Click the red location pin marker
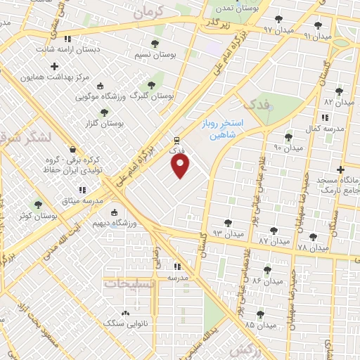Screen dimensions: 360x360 (x=181, y=166)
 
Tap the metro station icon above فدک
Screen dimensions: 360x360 (x=176, y=139)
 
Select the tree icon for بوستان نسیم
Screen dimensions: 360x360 (x=154, y=44)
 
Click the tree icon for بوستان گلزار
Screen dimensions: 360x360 (x=105, y=112)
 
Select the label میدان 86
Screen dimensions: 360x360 (x=266, y=280)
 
